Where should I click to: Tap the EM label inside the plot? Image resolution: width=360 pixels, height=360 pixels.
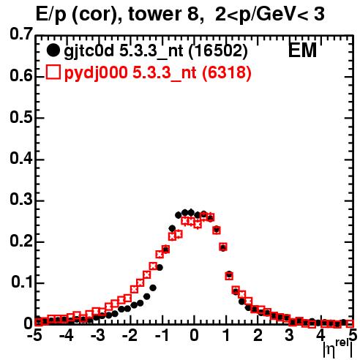[302, 50]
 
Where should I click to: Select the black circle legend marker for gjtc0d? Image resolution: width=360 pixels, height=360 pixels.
[53, 50]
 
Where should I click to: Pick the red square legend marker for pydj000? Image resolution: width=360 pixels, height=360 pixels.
[53, 72]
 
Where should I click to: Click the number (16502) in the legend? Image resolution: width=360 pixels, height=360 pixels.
[218, 50]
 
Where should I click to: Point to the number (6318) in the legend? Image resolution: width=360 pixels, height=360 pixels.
[226, 72]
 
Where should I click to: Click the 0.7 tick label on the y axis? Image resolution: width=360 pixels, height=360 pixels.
[21, 34]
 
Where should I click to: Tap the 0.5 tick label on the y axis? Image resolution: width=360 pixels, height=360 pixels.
[21, 117]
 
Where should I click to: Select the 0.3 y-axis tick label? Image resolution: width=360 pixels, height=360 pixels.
[21, 200]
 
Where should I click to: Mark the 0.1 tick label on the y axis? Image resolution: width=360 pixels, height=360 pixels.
[21, 282]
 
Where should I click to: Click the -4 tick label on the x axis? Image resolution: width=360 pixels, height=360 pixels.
[67, 335]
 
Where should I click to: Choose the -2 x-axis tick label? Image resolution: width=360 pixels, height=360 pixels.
[130, 335]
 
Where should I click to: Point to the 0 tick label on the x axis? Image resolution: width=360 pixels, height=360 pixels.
[194, 335]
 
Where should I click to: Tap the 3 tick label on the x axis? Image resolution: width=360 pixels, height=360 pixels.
[290, 335]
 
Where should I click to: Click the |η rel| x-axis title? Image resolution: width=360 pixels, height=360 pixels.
[338, 349]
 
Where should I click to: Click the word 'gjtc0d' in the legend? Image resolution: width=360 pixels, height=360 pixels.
[89, 51]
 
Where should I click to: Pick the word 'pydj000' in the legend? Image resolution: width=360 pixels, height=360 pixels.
[96, 73]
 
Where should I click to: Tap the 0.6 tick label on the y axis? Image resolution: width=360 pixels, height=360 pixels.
[21, 76]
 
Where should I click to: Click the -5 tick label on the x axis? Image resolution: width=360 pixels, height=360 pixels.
[34, 335]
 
